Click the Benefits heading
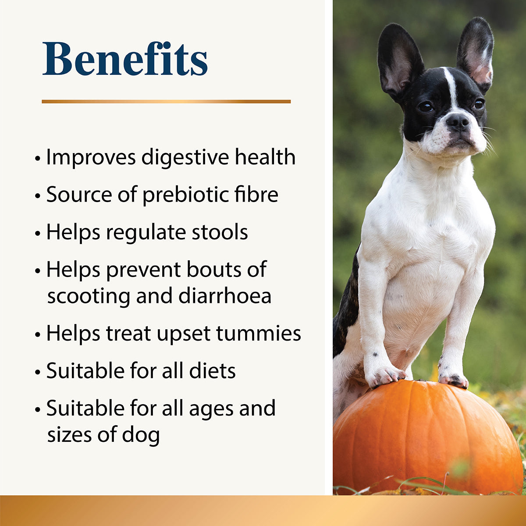(125, 59)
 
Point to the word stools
(220, 232)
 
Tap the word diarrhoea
(225, 296)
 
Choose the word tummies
(258, 333)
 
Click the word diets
(212, 371)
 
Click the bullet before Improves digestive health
(38, 158)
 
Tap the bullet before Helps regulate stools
(38, 233)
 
